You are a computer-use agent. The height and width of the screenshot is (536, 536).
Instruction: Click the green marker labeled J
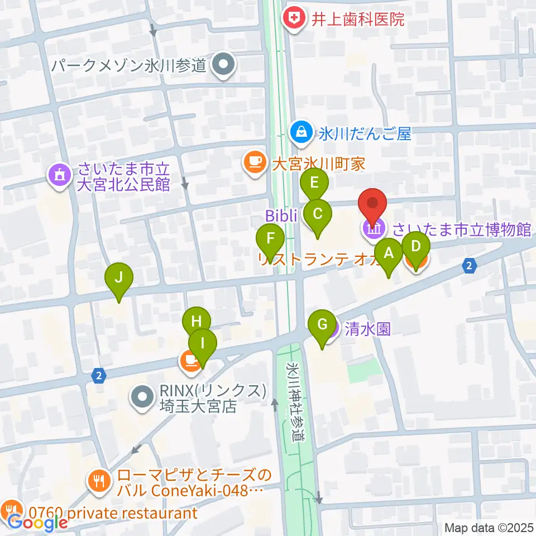tap(119, 277)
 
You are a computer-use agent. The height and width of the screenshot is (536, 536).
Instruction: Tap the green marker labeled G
tap(322, 324)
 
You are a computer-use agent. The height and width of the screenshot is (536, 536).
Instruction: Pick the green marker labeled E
tap(314, 183)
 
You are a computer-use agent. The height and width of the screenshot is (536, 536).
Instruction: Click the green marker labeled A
tap(389, 252)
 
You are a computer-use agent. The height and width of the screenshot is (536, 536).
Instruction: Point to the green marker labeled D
tap(415, 246)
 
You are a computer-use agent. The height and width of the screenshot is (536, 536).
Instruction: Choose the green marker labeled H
tap(196, 322)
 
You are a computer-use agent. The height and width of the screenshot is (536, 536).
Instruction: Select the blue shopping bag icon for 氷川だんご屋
tap(301, 132)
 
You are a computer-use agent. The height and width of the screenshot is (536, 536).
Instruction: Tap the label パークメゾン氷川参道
tap(129, 66)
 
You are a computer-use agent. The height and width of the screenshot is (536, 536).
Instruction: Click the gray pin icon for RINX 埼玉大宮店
tap(141, 397)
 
